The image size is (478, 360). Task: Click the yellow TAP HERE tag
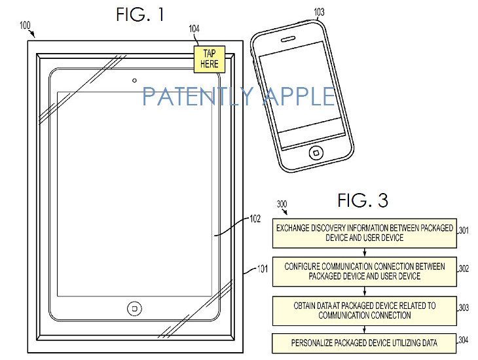[210, 59]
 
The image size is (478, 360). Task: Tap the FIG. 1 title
[140, 14]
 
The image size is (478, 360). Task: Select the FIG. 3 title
[363, 200]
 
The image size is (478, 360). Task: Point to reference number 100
[25, 25]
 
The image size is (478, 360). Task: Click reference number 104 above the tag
[194, 29]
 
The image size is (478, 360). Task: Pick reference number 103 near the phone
[319, 12]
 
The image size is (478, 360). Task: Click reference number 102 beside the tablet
[255, 219]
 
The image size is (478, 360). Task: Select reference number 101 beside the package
[263, 269]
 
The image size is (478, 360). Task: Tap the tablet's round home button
[134, 309]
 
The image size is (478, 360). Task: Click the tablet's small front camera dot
[134, 81]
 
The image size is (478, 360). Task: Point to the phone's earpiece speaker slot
[287, 39]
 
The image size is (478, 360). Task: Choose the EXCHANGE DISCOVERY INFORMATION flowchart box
[365, 233]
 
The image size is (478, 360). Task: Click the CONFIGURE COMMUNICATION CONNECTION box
[365, 272]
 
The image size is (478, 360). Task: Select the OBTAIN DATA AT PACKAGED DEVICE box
[365, 311]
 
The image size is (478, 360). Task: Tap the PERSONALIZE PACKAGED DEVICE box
[364, 343]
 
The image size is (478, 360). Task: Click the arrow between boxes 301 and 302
[365, 253]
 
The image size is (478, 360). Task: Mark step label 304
[464, 340]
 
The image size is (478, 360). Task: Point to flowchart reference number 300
[282, 204]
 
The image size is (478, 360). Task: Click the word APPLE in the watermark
[299, 96]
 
